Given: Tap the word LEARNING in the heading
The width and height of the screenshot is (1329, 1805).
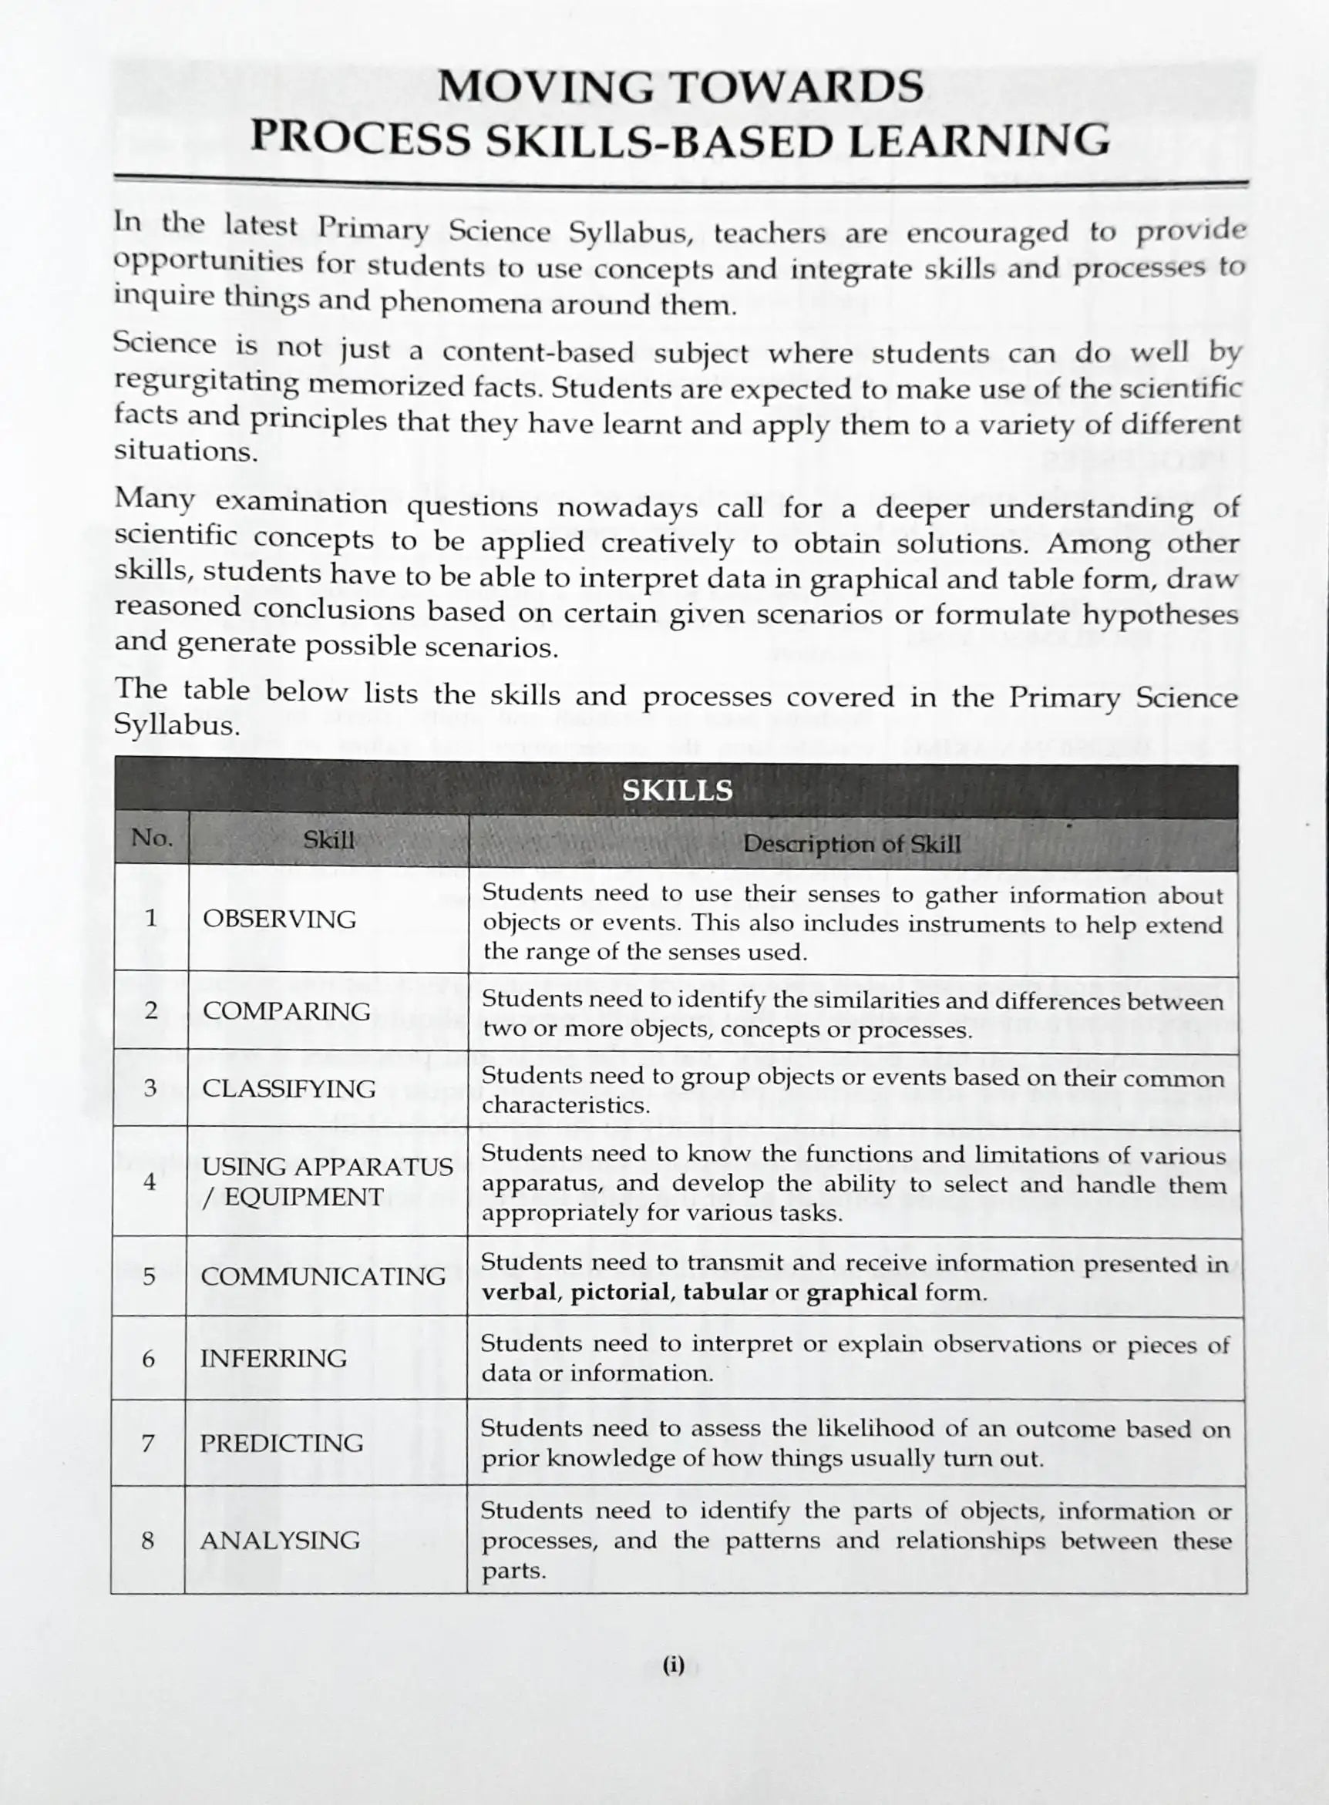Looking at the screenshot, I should click(979, 140).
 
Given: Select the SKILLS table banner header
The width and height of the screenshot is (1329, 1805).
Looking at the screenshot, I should click(678, 790).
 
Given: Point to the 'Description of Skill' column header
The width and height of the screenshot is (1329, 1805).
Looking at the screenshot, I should click(851, 843).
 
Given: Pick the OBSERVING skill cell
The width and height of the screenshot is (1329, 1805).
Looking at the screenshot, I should click(279, 919).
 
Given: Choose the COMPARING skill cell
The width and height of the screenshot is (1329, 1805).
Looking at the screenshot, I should click(287, 1010).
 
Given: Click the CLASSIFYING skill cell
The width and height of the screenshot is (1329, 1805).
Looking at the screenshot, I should click(289, 1088).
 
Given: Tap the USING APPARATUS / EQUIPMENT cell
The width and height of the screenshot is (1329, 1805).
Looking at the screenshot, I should click(327, 1181).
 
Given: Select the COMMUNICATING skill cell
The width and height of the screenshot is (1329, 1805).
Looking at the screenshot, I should click(322, 1276).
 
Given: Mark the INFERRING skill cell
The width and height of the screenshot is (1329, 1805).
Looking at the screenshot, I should click(274, 1358).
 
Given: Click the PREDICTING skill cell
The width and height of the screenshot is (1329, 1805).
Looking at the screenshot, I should click(281, 1442).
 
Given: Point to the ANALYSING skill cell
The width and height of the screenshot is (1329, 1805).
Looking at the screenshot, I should click(280, 1540).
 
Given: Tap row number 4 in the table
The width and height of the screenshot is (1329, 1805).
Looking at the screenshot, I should click(150, 1181).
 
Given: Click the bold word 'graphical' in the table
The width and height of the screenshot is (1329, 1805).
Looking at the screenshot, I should click(861, 1292).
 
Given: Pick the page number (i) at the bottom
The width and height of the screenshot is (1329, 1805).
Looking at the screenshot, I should click(673, 1664).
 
